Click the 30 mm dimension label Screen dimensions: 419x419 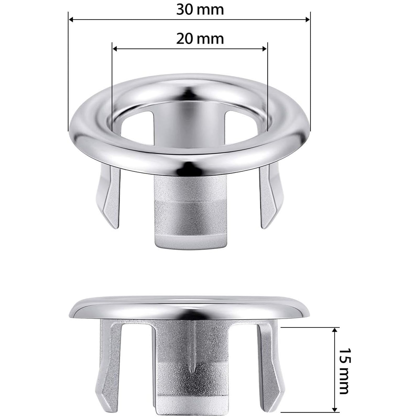pyautogui.click(x=200, y=10)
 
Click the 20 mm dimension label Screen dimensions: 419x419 pyautogui.click(x=200, y=39)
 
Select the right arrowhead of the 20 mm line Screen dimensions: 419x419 pyautogui.click(x=264, y=48)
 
